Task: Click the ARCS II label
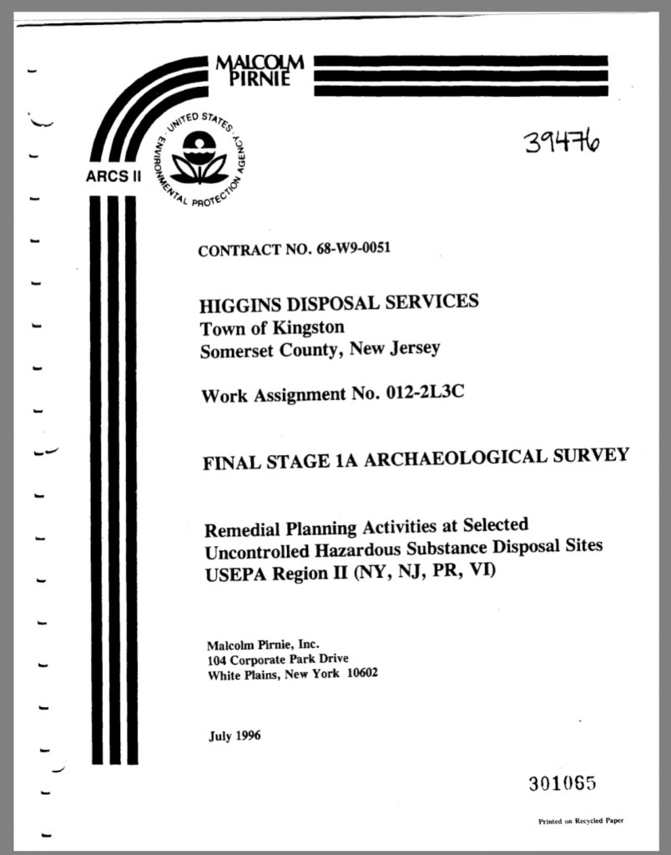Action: [112, 176]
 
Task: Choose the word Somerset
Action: [236, 351]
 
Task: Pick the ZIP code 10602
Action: [361, 673]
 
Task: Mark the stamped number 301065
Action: [561, 783]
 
